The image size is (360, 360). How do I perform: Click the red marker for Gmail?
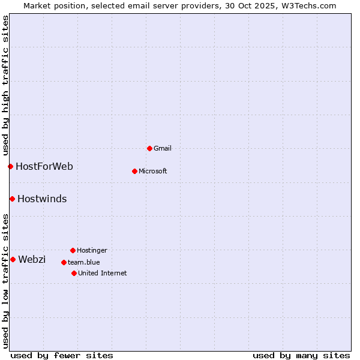tap(149, 148)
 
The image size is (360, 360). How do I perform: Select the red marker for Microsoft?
tap(134, 171)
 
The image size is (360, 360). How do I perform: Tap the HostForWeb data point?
tap(10, 166)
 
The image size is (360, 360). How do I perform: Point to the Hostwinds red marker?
tap(12, 199)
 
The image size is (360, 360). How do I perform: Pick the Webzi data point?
tap(13, 259)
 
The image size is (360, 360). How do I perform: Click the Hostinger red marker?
tap(73, 250)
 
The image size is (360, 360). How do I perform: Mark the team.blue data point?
tap(64, 262)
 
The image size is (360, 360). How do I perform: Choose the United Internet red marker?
tap(74, 273)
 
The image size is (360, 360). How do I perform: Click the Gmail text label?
tap(163, 148)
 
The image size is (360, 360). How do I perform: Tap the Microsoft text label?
tap(153, 171)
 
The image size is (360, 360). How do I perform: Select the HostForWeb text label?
tap(44, 166)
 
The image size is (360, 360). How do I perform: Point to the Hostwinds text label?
tap(42, 199)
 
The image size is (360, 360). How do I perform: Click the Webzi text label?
tap(32, 259)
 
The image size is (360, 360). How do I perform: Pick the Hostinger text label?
tap(92, 250)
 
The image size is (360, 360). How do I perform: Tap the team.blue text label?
tap(84, 262)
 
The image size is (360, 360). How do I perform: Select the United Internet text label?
tap(103, 273)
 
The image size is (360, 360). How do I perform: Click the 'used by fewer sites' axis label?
tap(62, 355)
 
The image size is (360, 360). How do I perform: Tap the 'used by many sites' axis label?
tap(301, 355)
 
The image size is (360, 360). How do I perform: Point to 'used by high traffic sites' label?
tap(5, 85)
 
